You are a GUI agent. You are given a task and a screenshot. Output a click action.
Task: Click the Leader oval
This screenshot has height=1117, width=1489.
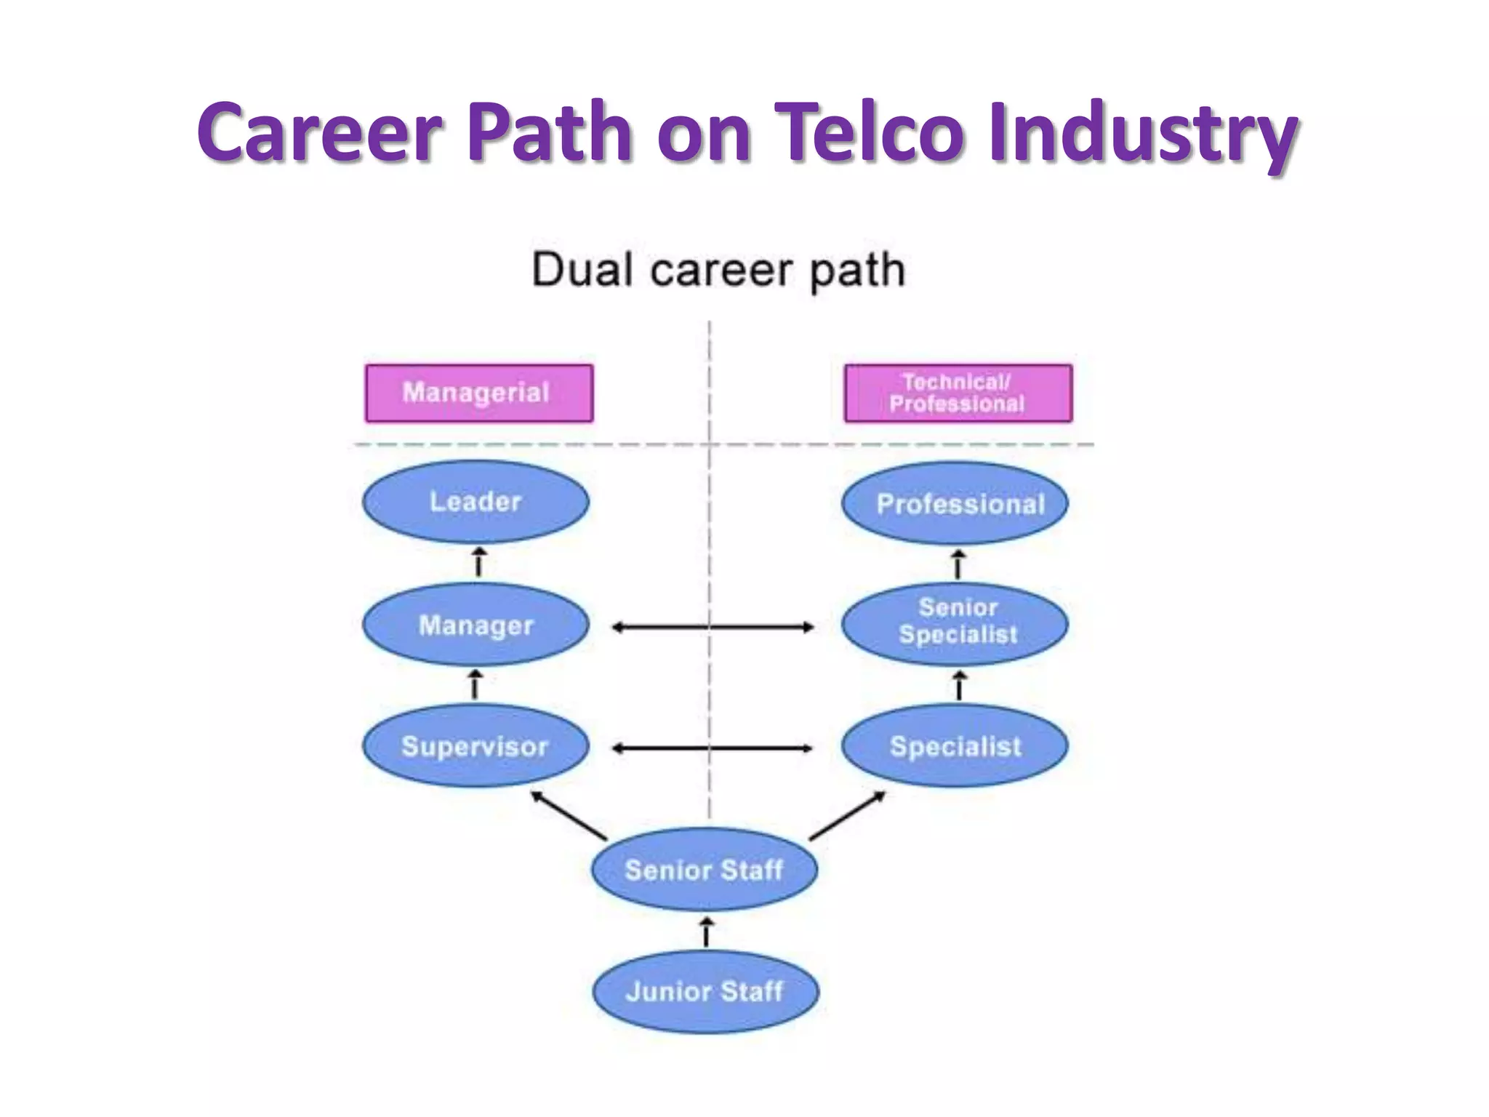pos(475,502)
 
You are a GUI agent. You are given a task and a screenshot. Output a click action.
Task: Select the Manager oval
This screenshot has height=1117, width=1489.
pos(475,625)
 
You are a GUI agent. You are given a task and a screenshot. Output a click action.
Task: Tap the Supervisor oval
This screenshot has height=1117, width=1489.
pos(475,746)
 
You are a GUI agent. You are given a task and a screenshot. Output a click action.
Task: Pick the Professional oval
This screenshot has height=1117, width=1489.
pos(955,503)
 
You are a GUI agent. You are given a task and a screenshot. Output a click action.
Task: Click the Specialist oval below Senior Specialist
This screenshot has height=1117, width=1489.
pos(955,746)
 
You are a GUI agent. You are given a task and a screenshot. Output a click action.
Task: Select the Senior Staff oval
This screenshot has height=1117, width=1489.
pos(704,870)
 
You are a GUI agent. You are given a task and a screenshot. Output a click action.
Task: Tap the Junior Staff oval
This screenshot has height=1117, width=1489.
pos(705,991)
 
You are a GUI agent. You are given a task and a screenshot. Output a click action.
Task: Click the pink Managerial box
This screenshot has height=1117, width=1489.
pos(479,393)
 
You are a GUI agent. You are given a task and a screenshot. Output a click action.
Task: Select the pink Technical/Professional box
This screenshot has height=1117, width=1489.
pos(958,393)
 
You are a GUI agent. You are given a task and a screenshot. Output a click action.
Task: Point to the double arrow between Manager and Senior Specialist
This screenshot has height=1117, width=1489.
pos(713,627)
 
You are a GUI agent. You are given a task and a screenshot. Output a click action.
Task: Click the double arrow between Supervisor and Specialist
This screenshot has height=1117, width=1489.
pos(713,748)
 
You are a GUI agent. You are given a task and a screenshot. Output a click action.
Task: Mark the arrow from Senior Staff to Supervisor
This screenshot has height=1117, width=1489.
pos(569,815)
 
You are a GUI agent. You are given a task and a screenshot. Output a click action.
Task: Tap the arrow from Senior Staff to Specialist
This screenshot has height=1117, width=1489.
pos(847,815)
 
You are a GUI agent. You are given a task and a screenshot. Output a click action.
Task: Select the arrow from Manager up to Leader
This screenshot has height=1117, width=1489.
pos(478,563)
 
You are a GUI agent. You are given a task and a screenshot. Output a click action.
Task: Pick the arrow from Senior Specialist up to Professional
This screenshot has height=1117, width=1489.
pos(958,564)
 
